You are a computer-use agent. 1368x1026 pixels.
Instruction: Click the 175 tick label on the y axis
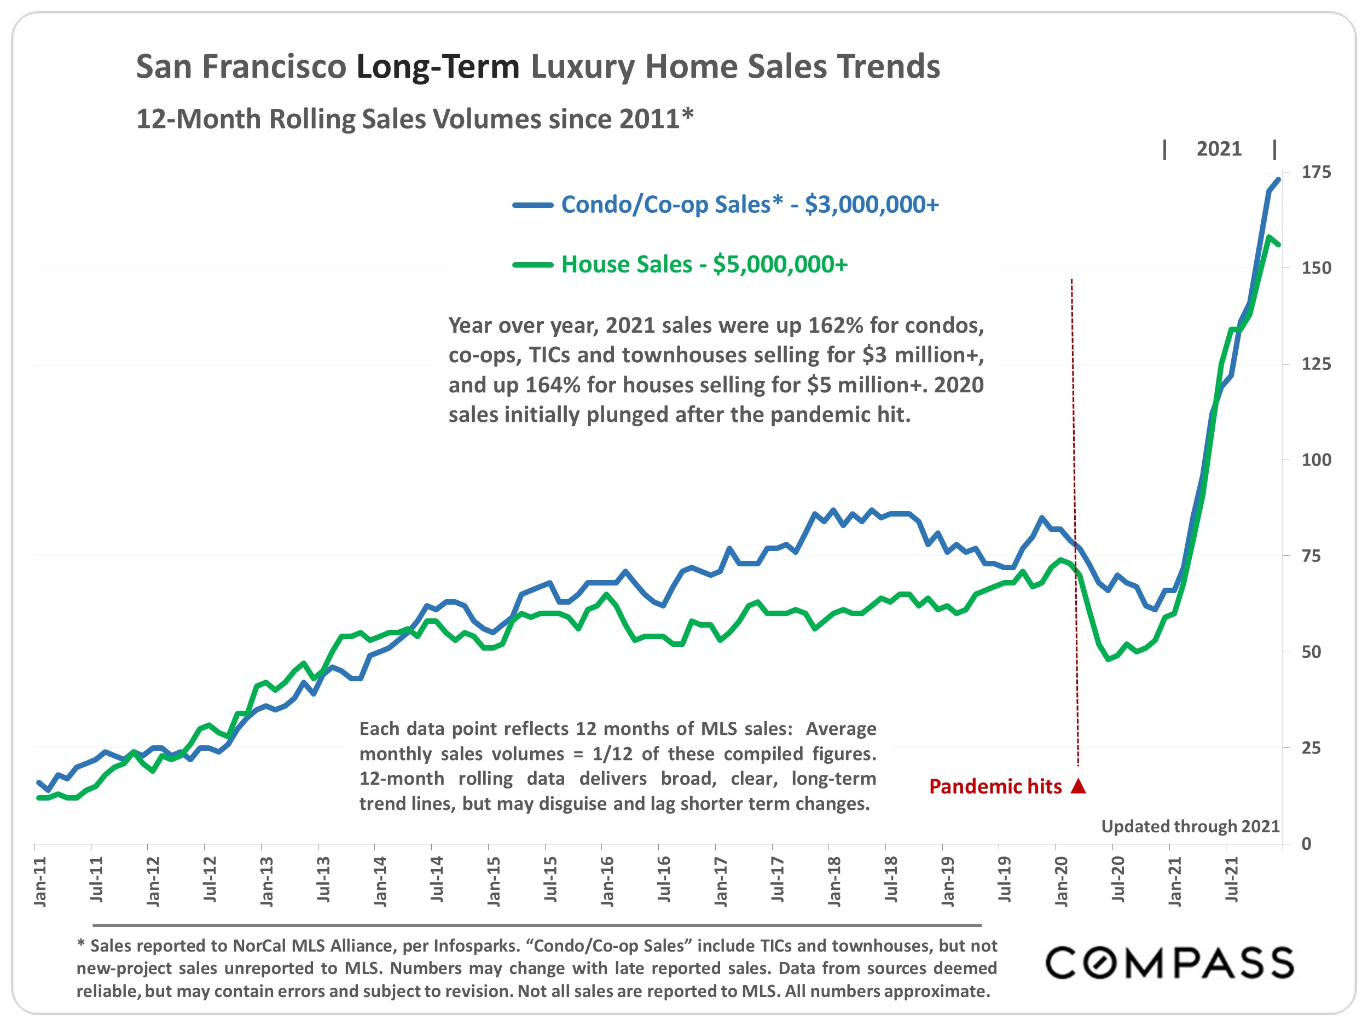coord(1316,172)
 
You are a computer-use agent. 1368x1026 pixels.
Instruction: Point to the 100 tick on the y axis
coord(1316,460)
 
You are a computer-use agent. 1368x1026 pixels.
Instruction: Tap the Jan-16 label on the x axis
coord(607,882)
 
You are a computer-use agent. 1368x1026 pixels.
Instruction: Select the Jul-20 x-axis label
coord(1117,882)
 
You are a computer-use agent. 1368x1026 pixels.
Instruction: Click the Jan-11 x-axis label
coord(39,882)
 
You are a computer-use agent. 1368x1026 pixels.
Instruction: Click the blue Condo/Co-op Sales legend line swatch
coord(532,205)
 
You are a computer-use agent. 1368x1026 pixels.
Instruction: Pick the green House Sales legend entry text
coord(704,265)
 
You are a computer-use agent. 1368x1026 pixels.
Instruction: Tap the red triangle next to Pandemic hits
coord(1079,786)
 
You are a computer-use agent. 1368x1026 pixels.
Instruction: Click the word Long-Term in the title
coord(438,67)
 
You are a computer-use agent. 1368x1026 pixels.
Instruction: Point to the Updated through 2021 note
coord(1190,826)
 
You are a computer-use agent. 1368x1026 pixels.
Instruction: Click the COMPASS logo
coord(1169,963)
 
